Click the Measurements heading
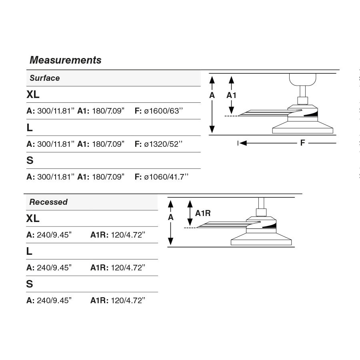click(x=66, y=60)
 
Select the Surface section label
click(x=44, y=78)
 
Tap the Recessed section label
click(x=48, y=202)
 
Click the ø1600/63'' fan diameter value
click(x=163, y=111)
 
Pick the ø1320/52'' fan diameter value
click(x=163, y=144)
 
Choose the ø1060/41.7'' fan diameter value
click(x=166, y=176)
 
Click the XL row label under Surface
click(x=33, y=95)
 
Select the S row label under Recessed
click(x=30, y=284)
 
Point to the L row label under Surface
click(x=30, y=128)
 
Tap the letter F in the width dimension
click(x=302, y=143)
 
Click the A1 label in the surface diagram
click(x=231, y=95)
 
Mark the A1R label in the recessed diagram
click(x=202, y=213)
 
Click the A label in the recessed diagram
click(x=171, y=217)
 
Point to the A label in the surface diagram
click(x=212, y=95)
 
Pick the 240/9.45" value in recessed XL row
click(x=54, y=235)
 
